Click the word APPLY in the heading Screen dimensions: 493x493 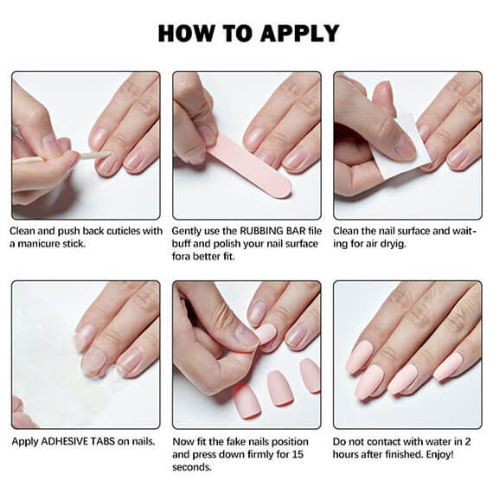tap(299, 34)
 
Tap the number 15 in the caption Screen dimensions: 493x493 tap(298, 454)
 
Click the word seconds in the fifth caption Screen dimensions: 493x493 tap(191, 467)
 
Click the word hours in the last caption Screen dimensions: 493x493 tap(345, 454)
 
